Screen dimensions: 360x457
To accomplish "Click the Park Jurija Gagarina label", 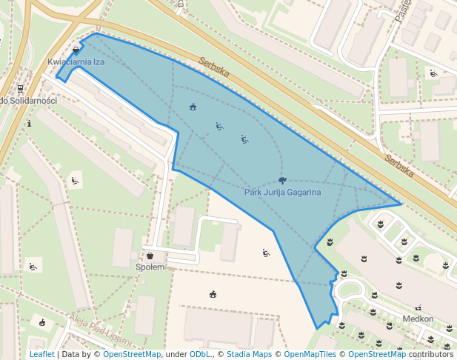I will tap(282, 193).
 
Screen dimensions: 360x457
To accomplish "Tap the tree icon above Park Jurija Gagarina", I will tap(282, 180).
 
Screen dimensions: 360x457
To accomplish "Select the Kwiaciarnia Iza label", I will tap(76, 62).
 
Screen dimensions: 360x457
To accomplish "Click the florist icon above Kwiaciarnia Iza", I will tap(77, 51).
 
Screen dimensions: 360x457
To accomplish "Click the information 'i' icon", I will tap(29, 123).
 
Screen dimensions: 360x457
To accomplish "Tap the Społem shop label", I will tap(150, 267).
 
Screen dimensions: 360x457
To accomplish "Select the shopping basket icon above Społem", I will tap(150, 256).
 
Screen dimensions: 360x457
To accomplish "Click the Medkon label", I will tap(418, 319).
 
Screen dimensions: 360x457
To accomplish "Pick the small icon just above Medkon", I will tap(418, 307).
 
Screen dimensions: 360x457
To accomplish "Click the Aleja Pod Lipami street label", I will tap(100, 330).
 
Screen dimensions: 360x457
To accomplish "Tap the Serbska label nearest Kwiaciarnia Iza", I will tap(213, 69).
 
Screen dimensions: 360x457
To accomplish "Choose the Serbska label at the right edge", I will tap(398, 165).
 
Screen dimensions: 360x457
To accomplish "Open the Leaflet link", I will tap(41, 354).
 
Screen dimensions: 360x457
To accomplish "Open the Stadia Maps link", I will tap(249, 354).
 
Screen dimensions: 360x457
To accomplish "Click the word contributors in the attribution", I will tap(430, 354).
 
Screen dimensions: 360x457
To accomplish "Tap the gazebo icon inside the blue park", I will tap(193, 107).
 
